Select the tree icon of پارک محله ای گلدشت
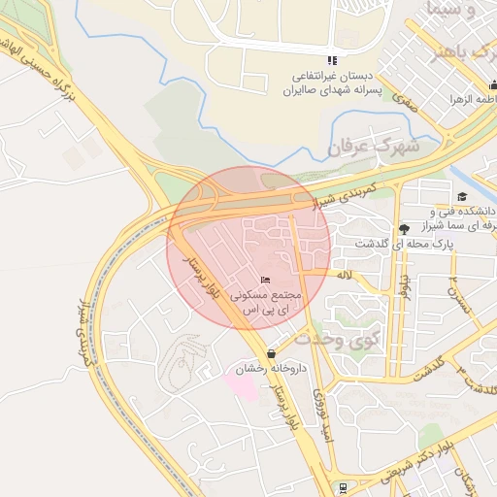tap(404, 228)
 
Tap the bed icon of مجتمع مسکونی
tap(266, 281)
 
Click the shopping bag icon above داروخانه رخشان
tap(270, 354)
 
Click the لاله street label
tap(345, 276)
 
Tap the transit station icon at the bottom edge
tap(343, 487)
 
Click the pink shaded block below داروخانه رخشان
tap(242, 381)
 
